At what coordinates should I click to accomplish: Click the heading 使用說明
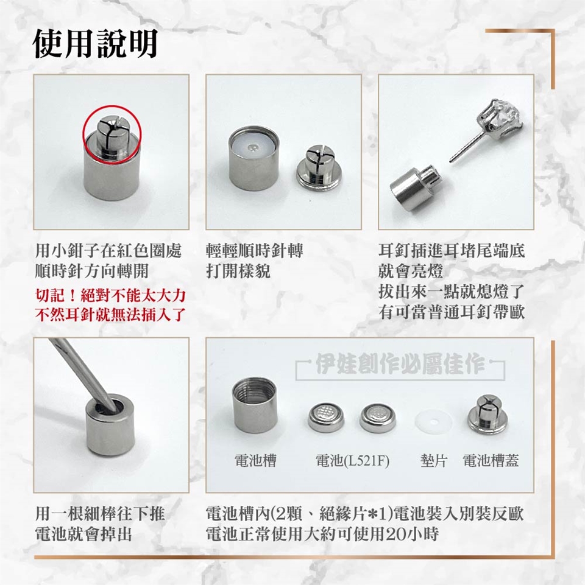click(95, 44)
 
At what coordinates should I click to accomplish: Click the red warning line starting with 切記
click(110, 295)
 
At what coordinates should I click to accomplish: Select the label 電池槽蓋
click(491, 460)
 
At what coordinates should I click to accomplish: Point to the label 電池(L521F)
click(352, 461)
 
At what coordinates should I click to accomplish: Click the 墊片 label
click(433, 460)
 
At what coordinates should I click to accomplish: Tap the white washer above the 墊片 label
click(433, 422)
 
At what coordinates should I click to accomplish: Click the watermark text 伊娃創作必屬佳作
click(400, 363)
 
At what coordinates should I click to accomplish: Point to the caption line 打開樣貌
click(238, 271)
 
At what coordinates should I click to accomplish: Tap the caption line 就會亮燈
click(411, 271)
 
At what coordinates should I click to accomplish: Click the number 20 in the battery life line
click(396, 534)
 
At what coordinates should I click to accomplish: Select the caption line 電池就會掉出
click(83, 534)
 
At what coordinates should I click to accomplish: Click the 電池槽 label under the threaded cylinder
click(255, 460)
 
